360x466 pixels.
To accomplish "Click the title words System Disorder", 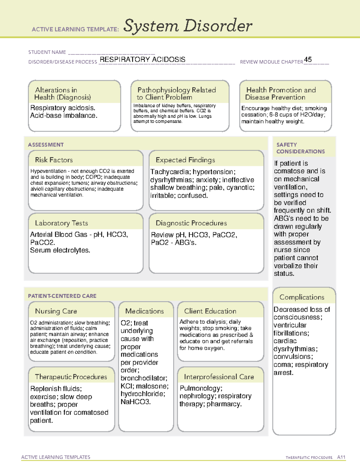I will tap(188, 26).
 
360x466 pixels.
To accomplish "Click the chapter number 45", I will tap(308, 59).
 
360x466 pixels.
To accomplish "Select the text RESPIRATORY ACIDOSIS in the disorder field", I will tap(142, 59).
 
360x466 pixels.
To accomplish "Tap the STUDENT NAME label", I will tap(47, 52).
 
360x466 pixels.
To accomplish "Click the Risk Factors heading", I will tap(54, 160).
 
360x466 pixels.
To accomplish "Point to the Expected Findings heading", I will tap(185, 160).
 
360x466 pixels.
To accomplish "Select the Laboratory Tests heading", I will tap(61, 223).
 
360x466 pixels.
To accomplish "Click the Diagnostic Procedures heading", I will tap(191, 223).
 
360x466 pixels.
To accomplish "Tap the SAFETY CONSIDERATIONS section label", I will tap(300, 148).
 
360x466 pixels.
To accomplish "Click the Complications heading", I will tap(302, 297).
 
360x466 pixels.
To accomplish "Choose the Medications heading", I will tap(144, 311).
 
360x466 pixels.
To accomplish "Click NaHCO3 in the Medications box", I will tap(135, 402).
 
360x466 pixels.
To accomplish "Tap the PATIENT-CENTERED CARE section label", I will tap(62, 296).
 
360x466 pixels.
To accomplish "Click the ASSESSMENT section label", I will tap(46, 145).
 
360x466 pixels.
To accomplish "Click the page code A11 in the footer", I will tap(341, 457).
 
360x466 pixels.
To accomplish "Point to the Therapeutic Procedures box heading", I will tap(71, 377).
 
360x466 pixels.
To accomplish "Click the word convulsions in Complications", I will tap(292, 357).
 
